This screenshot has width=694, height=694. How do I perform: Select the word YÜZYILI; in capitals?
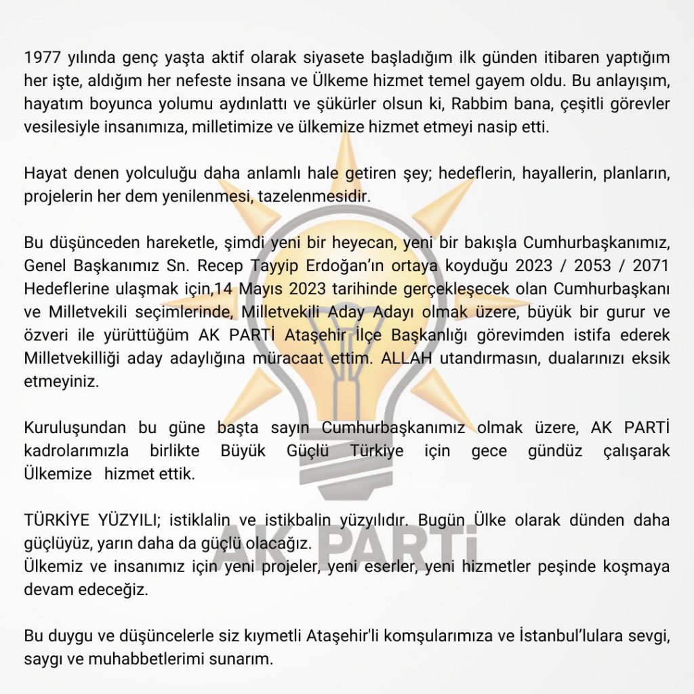pos(124,520)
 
